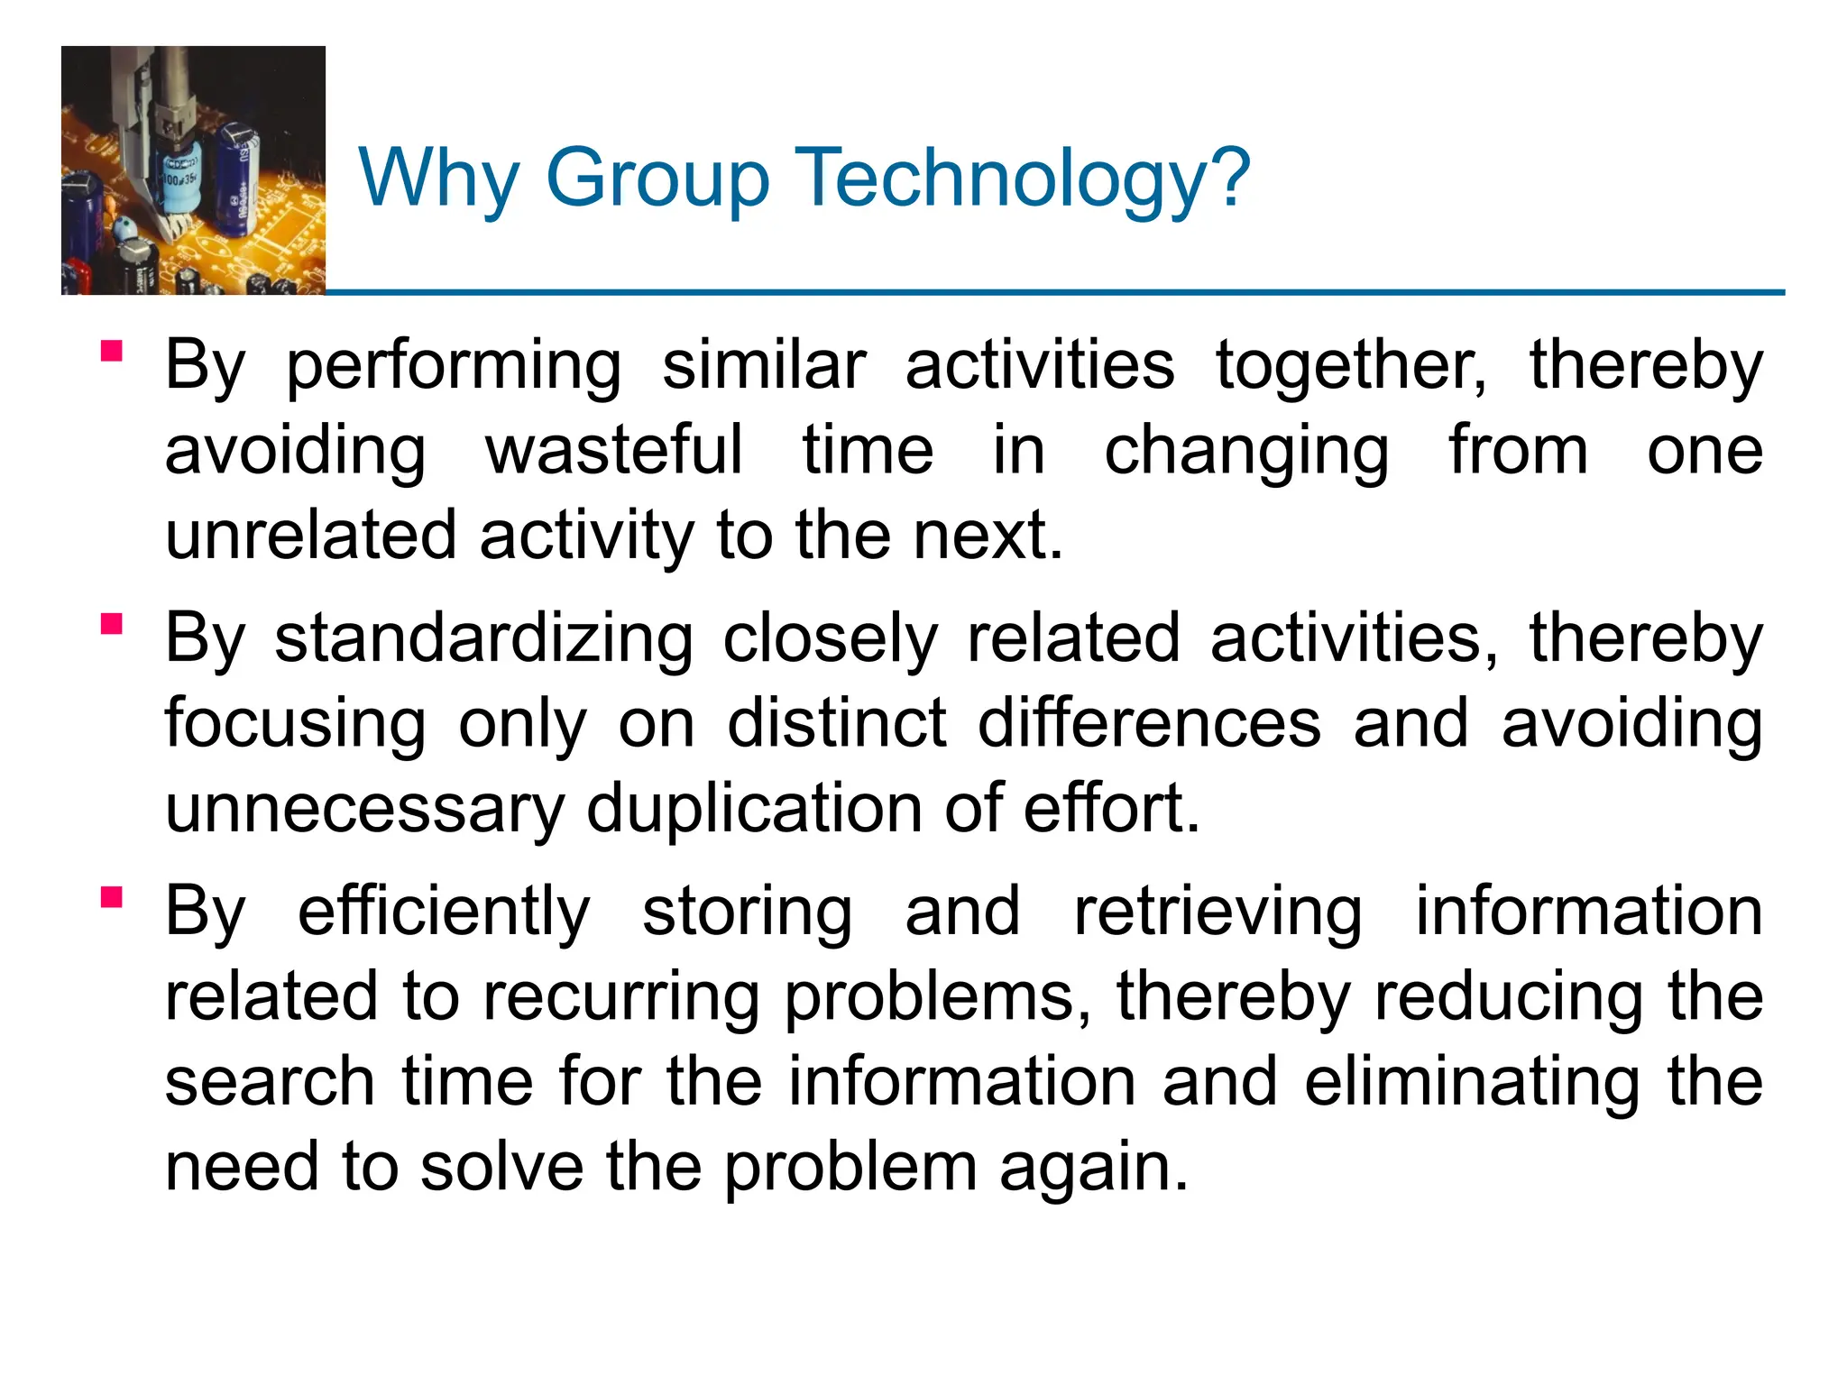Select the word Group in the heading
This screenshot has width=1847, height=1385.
pyautogui.click(x=657, y=179)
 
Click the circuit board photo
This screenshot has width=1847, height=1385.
pyautogui.click(x=193, y=170)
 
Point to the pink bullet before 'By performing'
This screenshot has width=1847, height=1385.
pyautogui.click(x=112, y=350)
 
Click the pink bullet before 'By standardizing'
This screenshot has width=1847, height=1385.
pyautogui.click(x=112, y=624)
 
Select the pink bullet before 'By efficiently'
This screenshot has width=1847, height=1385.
pyautogui.click(x=112, y=897)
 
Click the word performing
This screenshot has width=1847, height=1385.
pyautogui.click(x=454, y=367)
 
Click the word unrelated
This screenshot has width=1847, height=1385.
pyautogui.click(x=310, y=536)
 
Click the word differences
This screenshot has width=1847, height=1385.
pyautogui.click(x=1150, y=723)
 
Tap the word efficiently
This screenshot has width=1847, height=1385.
pyautogui.click(x=444, y=913)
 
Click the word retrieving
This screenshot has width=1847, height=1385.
pyautogui.click(x=1218, y=913)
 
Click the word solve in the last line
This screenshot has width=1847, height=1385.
pyautogui.click(x=501, y=1167)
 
